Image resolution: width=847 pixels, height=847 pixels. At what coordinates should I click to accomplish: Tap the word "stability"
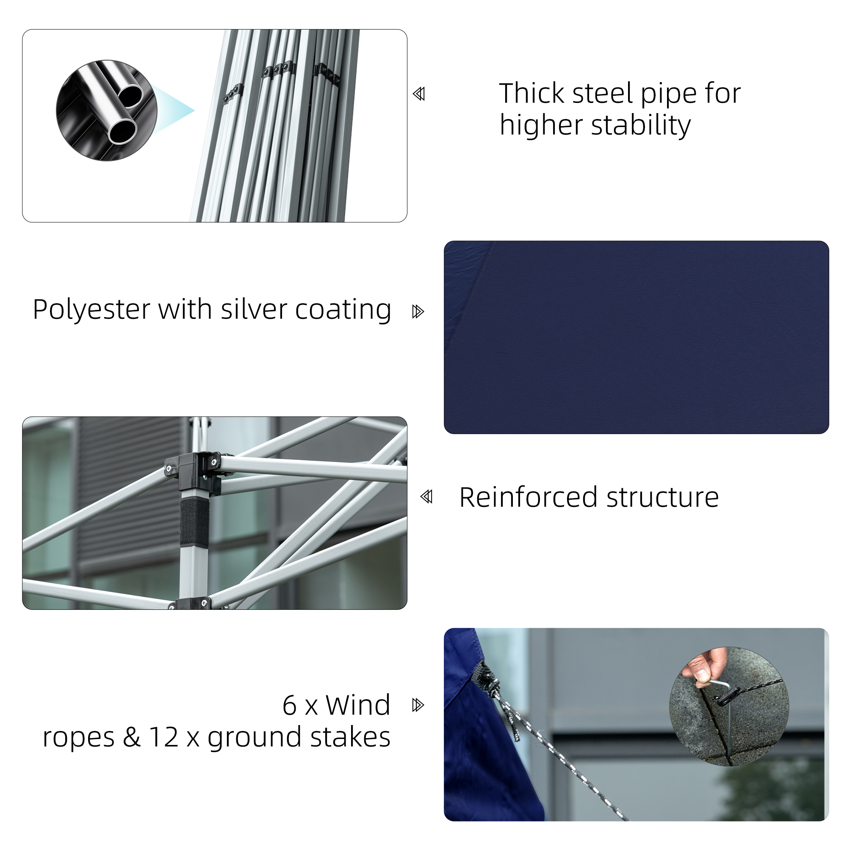[x=640, y=125]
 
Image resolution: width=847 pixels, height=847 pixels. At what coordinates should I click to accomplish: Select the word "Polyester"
[x=92, y=310]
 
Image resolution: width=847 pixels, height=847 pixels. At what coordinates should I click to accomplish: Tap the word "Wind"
[x=357, y=706]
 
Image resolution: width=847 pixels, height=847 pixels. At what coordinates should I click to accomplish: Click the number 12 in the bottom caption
[x=163, y=737]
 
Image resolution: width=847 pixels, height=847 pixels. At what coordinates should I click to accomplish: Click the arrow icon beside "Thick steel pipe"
[x=419, y=94]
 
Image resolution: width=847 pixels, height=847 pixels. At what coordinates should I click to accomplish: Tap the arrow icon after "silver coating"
[x=418, y=312]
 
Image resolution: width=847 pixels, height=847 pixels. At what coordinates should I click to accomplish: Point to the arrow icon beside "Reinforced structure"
[x=426, y=497]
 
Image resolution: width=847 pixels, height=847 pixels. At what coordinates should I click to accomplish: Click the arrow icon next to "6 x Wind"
[x=418, y=706]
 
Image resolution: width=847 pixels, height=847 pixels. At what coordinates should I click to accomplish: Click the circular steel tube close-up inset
[x=107, y=110]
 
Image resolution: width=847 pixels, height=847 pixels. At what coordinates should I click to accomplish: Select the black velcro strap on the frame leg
[x=195, y=522]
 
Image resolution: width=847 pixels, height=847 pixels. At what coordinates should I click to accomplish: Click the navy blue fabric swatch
[x=636, y=337]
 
